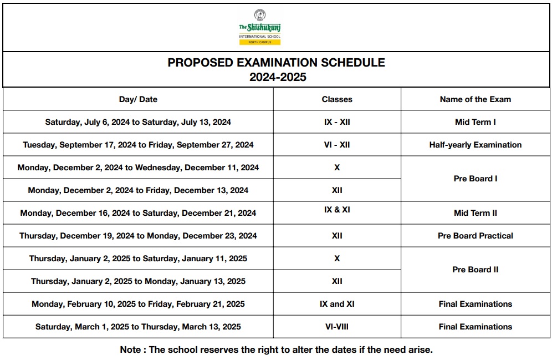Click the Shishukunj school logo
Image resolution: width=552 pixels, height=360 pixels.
click(x=259, y=27)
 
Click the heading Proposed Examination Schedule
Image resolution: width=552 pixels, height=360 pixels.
click(x=276, y=63)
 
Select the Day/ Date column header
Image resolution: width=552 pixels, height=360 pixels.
click(x=138, y=99)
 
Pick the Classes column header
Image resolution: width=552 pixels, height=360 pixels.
click(x=337, y=99)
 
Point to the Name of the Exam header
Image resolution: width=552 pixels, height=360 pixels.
click(x=475, y=99)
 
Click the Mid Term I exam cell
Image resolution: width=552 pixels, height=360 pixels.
click(x=475, y=122)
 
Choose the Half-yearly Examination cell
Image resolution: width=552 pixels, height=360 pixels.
click(x=475, y=145)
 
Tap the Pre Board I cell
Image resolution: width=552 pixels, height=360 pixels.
click(x=475, y=179)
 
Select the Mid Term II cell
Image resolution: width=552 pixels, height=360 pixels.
click(x=475, y=213)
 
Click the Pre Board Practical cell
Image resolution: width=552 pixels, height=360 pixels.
click(x=475, y=236)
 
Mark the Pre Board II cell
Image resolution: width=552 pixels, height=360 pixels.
click(x=475, y=270)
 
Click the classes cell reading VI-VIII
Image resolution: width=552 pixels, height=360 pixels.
click(x=337, y=327)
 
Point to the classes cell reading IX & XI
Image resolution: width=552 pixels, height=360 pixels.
click(x=337, y=210)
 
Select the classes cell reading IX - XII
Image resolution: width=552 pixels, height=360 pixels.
click(x=337, y=122)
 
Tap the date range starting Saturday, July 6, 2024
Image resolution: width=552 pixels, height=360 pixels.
click(x=138, y=122)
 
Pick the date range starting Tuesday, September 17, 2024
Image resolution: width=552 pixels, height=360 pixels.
click(x=138, y=145)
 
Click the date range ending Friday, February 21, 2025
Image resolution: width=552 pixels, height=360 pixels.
click(x=138, y=304)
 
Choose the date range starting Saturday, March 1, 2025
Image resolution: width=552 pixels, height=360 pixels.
click(x=138, y=327)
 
